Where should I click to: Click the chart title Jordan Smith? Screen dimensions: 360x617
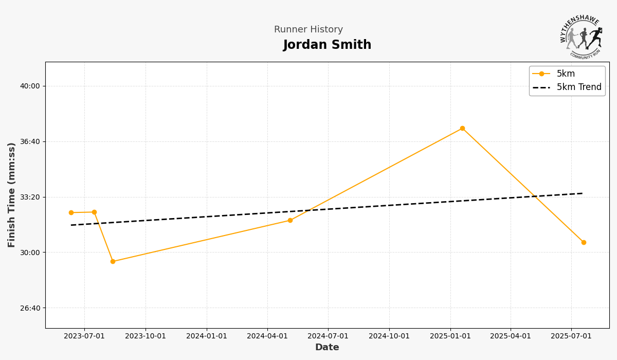(327, 45)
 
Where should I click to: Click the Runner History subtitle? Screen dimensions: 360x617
(308, 30)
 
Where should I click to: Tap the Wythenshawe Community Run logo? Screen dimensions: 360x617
(581, 37)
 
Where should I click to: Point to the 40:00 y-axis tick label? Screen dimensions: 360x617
(30, 86)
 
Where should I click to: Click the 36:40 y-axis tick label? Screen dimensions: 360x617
(30, 141)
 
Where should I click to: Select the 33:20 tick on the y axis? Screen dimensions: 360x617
(30, 197)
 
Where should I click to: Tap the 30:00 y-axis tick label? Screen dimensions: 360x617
(30, 253)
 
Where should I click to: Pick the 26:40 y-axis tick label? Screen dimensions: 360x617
(30, 308)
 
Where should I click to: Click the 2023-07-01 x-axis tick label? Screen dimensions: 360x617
(84, 336)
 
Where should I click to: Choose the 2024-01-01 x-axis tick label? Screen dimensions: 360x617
(207, 336)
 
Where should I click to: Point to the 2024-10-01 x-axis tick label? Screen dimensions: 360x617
(389, 336)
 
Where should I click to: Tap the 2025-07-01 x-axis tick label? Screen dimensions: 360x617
(571, 336)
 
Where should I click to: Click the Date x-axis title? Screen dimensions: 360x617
(327, 348)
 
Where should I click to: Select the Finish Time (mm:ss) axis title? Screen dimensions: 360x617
(12, 195)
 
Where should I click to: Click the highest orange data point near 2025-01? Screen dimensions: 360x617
(462, 128)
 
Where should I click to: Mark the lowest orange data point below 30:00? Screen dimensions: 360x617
(113, 261)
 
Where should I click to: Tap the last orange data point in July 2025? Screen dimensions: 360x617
(584, 242)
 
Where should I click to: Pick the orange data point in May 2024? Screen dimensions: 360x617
(290, 220)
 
